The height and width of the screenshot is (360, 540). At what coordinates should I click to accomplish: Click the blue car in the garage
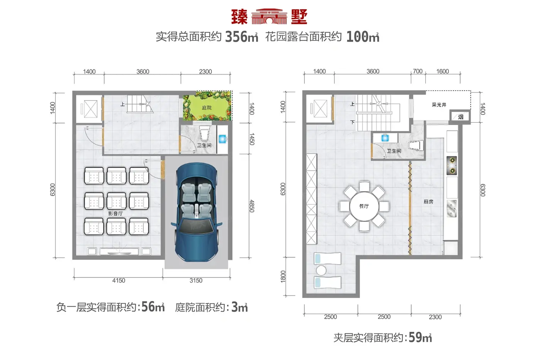click(x=196, y=212)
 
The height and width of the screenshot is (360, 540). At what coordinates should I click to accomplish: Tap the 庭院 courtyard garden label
click(x=207, y=108)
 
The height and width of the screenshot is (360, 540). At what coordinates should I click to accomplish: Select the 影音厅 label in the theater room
click(x=115, y=213)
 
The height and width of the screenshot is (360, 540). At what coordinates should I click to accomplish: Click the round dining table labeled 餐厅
click(x=364, y=206)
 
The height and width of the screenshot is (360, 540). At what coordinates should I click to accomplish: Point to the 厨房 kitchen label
click(x=429, y=201)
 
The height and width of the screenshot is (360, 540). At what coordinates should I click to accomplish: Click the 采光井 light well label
click(x=439, y=105)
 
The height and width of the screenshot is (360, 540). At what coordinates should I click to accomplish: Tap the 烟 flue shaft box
click(x=460, y=117)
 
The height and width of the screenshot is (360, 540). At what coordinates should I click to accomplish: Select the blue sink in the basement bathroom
click(x=222, y=139)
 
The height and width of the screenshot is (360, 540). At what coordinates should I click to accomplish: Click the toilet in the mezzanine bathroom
click(x=416, y=145)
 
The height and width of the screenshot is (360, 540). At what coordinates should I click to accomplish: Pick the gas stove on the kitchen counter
click(x=452, y=166)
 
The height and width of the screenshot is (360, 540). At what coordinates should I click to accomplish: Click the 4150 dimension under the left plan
click(x=119, y=281)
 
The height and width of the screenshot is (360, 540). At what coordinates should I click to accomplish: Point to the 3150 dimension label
click(x=196, y=281)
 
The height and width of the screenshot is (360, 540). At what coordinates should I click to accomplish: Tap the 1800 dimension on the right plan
click(x=283, y=276)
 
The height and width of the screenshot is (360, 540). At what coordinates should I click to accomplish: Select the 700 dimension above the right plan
click(x=417, y=71)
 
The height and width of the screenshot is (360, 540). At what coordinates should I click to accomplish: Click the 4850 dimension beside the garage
click(x=251, y=206)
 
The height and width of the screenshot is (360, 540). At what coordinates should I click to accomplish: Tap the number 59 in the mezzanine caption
click(x=416, y=337)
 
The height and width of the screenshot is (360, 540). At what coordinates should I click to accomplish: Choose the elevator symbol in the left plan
click(x=90, y=109)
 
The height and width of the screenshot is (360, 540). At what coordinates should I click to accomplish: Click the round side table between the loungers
click(x=321, y=270)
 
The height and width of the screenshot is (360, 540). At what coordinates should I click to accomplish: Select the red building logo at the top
click(x=269, y=16)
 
